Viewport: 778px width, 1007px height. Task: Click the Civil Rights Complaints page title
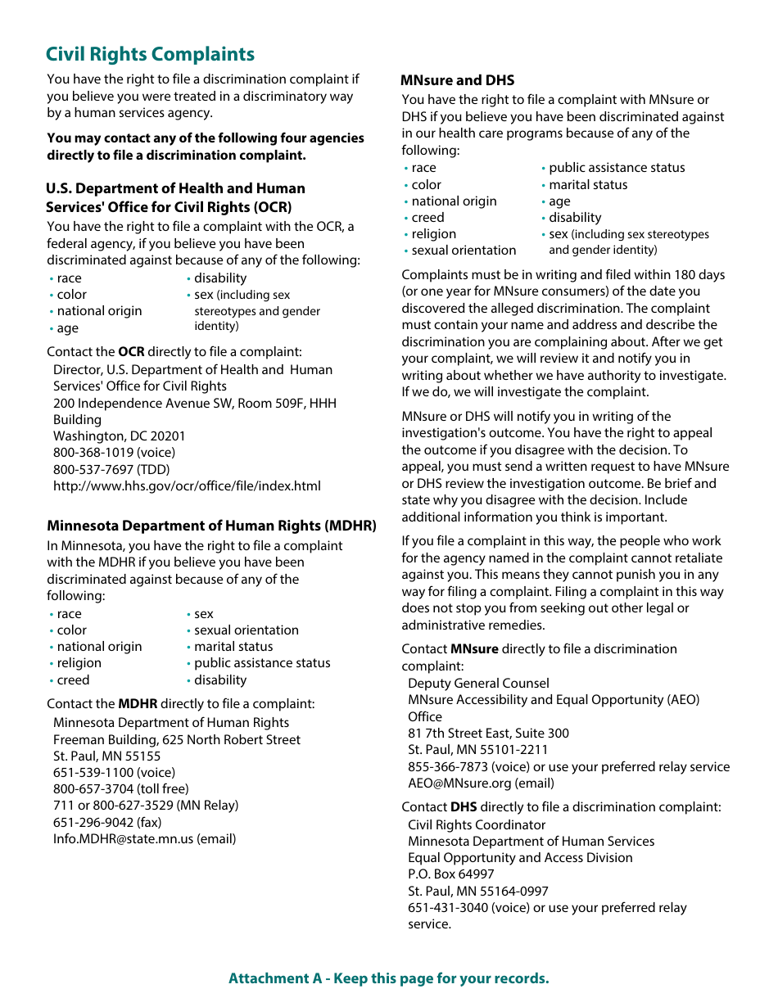(150, 55)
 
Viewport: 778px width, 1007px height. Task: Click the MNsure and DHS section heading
(457, 80)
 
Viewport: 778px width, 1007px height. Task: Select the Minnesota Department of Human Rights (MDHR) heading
(211, 526)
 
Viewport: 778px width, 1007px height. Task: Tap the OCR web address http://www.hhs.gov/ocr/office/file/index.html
(187, 485)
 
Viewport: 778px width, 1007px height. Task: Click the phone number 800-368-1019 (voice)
(114, 452)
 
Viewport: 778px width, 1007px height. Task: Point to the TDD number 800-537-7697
(111, 469)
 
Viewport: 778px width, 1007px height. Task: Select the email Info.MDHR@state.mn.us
(144, 838)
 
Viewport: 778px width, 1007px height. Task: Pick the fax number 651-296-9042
(107, 822)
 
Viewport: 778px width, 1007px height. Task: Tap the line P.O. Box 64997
(451, 874)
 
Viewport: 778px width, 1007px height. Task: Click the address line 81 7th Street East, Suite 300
(488, 733)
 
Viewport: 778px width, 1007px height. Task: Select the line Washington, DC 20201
(120, 436)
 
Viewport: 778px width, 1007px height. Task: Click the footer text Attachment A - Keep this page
(388, 978)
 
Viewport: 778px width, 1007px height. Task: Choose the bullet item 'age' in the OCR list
(68, 328)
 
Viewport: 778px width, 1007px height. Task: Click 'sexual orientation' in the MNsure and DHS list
(464, 251)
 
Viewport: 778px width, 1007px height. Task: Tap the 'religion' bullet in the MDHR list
(79, 663)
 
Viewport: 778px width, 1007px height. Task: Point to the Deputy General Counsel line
(478, 683)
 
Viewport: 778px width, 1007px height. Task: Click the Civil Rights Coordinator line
(477, 824)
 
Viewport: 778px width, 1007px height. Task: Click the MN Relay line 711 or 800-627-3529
(146, 805)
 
